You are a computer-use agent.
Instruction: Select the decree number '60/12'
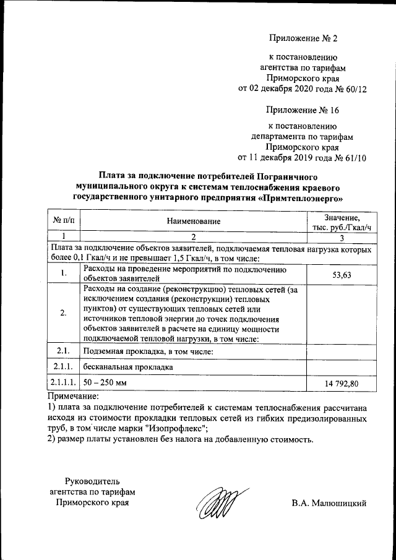tap(355, 89)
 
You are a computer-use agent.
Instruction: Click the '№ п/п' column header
tap(64, 221)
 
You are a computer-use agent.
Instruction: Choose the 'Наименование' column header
tap(194, 221)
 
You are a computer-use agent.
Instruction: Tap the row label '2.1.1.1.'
tap(64, 384)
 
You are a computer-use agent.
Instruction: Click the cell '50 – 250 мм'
tap(105, 384)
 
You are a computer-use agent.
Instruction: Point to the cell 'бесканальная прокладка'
tap(127, 367)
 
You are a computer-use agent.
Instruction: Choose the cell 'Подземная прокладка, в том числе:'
tap(148, 351)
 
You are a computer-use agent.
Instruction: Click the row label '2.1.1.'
tap(64, 367)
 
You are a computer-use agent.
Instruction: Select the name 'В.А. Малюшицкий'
tap(329, 503)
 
